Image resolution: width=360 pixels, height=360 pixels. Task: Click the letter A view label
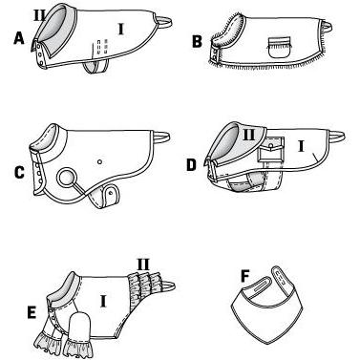tap(19, 38)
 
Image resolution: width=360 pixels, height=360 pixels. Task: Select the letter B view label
tap(198, 42)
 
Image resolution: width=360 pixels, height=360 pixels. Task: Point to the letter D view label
tap(191, 165)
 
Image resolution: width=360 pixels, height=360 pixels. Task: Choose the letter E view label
tap(32, 312)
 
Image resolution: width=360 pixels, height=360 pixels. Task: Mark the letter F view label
tap(244, 276)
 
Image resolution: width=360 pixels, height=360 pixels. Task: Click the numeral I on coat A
tap(120, 29)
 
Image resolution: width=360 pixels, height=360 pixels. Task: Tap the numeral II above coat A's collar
tap(40, 15)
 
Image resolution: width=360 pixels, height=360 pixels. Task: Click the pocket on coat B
tap(280, 47)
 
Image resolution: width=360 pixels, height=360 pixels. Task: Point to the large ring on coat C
tap(67, 178)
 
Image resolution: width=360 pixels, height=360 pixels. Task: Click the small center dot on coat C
tap(99, 162)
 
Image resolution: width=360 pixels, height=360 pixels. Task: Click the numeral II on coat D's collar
tap(248, 135)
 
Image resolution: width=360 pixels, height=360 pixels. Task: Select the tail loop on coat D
tap(336, 136)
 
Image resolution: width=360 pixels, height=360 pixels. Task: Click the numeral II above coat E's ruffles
tap(143, 265)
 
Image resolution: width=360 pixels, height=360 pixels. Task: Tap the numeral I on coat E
tap(103, 301)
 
